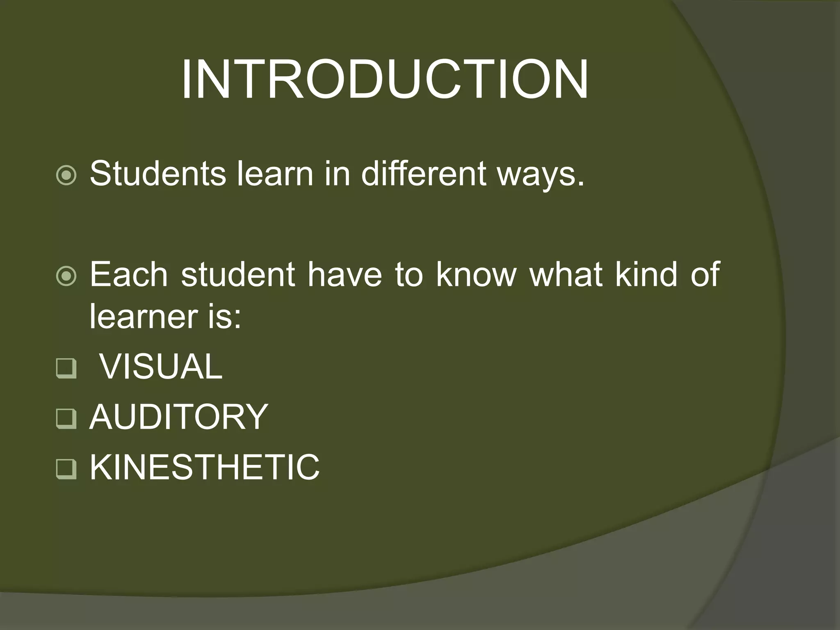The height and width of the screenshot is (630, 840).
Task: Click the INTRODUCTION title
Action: click(385, 80)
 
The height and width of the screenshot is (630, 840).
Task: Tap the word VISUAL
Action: click(161, 366)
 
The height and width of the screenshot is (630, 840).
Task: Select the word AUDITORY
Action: click(179, 417)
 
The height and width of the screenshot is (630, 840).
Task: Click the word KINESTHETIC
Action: click(205, 468)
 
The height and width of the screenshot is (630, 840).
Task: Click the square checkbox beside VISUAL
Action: click(66, 368)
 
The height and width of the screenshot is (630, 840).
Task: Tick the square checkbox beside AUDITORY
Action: click(66, 419)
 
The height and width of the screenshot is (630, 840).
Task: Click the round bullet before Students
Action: click(66, 176)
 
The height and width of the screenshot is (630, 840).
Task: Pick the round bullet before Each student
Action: click(66, 276)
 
